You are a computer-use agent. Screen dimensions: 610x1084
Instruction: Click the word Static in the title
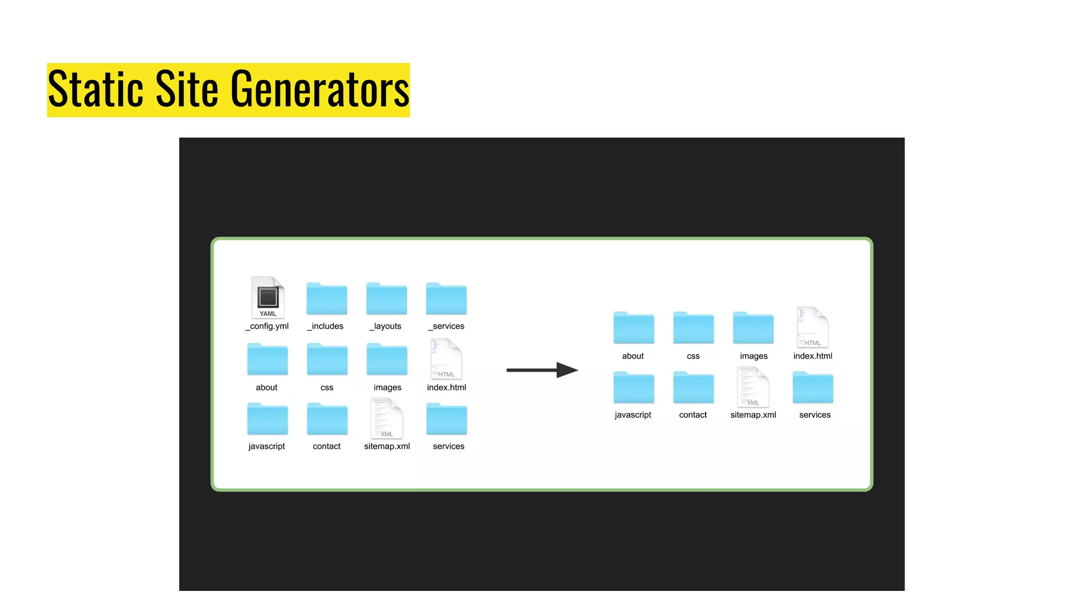pos(96,89)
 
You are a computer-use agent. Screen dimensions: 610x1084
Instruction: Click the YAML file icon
pos(268,297)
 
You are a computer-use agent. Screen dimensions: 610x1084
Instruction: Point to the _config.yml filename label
pos(267,326)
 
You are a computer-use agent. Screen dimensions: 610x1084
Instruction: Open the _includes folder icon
pos(327,299)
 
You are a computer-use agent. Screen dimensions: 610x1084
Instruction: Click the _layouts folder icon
pos(386,299)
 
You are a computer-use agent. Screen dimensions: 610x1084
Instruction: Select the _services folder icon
pos(446,299)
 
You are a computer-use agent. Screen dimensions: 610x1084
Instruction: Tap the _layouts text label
pos(386,326)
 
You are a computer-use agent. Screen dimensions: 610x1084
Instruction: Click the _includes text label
pos(326,326)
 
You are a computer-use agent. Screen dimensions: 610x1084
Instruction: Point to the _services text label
pos(446,326)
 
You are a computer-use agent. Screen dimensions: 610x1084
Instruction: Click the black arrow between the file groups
pos(541,370)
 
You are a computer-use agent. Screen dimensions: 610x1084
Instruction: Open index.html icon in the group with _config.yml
pos(446,360)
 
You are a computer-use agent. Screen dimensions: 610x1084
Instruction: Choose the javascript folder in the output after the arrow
pos(634,388)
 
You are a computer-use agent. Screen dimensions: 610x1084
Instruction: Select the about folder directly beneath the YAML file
pos(267,360)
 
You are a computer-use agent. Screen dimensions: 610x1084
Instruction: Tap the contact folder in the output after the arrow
pos(693,388)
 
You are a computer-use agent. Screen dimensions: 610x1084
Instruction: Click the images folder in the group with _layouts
pos(387,360)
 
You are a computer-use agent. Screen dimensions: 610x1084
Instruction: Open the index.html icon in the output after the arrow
pos(812,328)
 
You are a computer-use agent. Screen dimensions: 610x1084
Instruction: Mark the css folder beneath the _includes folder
pos(327,360)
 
